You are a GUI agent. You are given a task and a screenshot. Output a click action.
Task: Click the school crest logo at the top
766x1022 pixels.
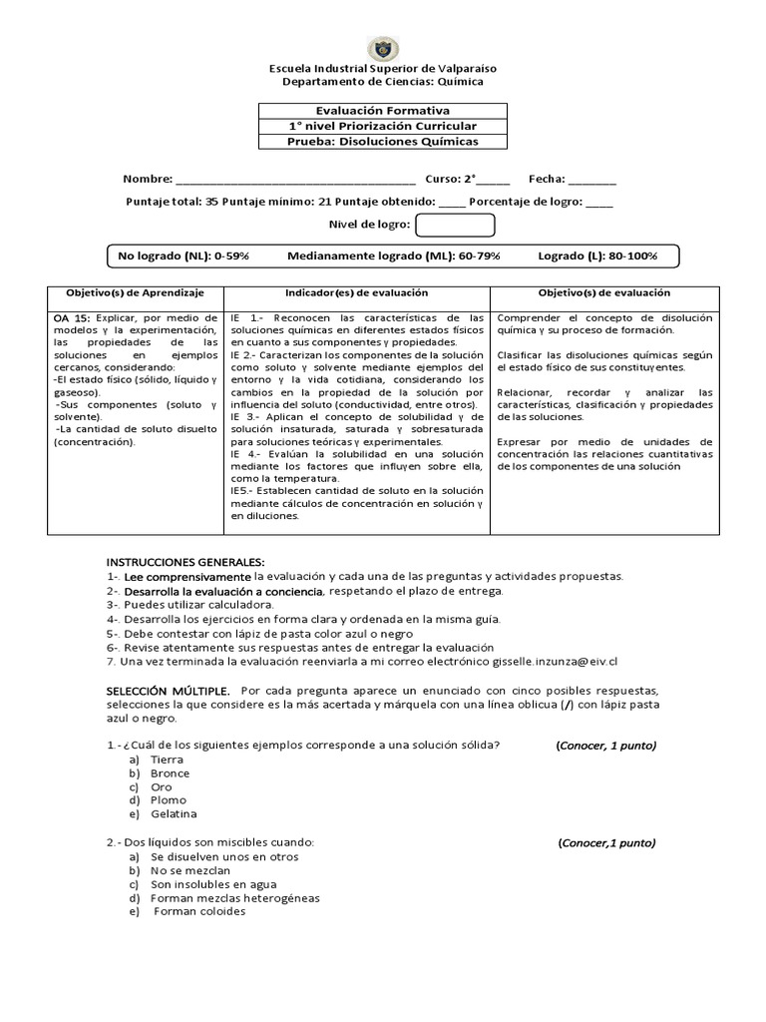click(383, 48)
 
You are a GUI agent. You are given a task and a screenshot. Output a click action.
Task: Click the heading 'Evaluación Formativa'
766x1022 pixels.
click(383, 111)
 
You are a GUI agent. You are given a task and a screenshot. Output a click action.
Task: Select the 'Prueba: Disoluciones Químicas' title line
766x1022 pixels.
click(383, 142)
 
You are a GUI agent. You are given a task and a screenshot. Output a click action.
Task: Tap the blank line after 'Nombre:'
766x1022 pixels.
click(295, 182)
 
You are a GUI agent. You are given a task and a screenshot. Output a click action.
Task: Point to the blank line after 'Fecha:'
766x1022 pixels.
click(592, 182)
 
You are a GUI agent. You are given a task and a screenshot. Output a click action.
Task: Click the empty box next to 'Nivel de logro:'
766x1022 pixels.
click(433, 227)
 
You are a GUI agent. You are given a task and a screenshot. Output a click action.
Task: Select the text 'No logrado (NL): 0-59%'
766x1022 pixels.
click(184, 256)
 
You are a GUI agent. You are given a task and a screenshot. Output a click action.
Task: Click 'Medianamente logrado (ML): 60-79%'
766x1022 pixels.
click(394, 256)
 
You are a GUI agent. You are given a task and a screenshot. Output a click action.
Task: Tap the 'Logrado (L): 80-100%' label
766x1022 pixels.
click(597, 256)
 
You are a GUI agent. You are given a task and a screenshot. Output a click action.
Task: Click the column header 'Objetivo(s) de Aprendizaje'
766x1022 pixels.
click(135, 293)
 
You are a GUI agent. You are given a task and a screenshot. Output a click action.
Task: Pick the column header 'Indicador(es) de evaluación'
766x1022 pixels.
click(356, 293)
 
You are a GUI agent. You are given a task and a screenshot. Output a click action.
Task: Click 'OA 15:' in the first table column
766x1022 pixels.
click(70, 317)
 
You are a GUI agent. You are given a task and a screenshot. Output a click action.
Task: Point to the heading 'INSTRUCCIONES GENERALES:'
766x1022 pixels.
click(186, 562)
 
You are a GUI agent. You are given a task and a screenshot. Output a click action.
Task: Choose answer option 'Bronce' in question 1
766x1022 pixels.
click(170, 773)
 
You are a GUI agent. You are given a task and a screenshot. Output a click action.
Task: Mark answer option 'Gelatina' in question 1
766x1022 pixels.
click(175, 814)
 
